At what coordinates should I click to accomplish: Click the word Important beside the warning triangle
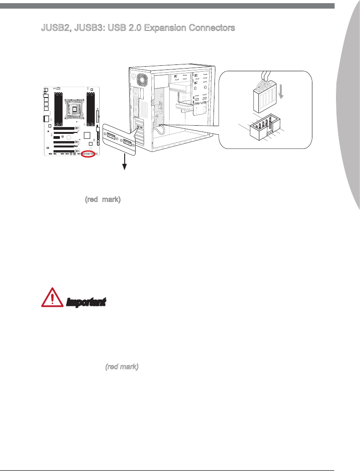click(x=86, y=302)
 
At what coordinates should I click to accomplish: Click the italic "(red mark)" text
click(x=122, y=366)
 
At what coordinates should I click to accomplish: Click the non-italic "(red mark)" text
click(x=102, y=199)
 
